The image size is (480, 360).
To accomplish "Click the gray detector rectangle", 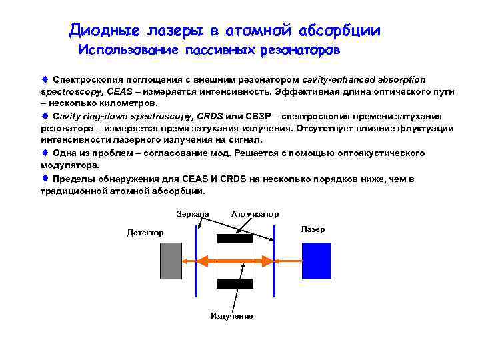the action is pyautogui.click(x=171, y=260).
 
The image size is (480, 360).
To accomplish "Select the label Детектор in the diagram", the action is pyautogui.click(x=145, y=233).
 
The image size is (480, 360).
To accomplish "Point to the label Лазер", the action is pyautogui.click(x=313, y=229).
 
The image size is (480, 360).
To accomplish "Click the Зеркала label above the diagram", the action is pyautogui.click(x=193, y=213).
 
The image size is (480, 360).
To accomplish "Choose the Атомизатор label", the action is pyautogui.click(x=255, y=213).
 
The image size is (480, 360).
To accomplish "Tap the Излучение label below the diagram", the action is pyautogui.click(x=232, y=315).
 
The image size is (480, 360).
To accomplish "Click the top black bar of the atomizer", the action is pyautogui.click(x=235, y=239).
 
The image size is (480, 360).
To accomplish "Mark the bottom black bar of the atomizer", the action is pyautogui.click(x=235, y=283).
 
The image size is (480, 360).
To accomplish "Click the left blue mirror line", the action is pyautogui.click(x=197, y=260).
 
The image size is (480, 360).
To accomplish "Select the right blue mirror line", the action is pyautogui.click(x=275, y=260).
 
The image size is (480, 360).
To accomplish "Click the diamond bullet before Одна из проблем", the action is pyautogui.click(x=45, y=153).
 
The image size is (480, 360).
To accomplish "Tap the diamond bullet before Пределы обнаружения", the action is pyautogui.click(x=45, y=179).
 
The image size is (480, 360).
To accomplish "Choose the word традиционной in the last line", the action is pyautogui.click(x=74, y=191).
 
